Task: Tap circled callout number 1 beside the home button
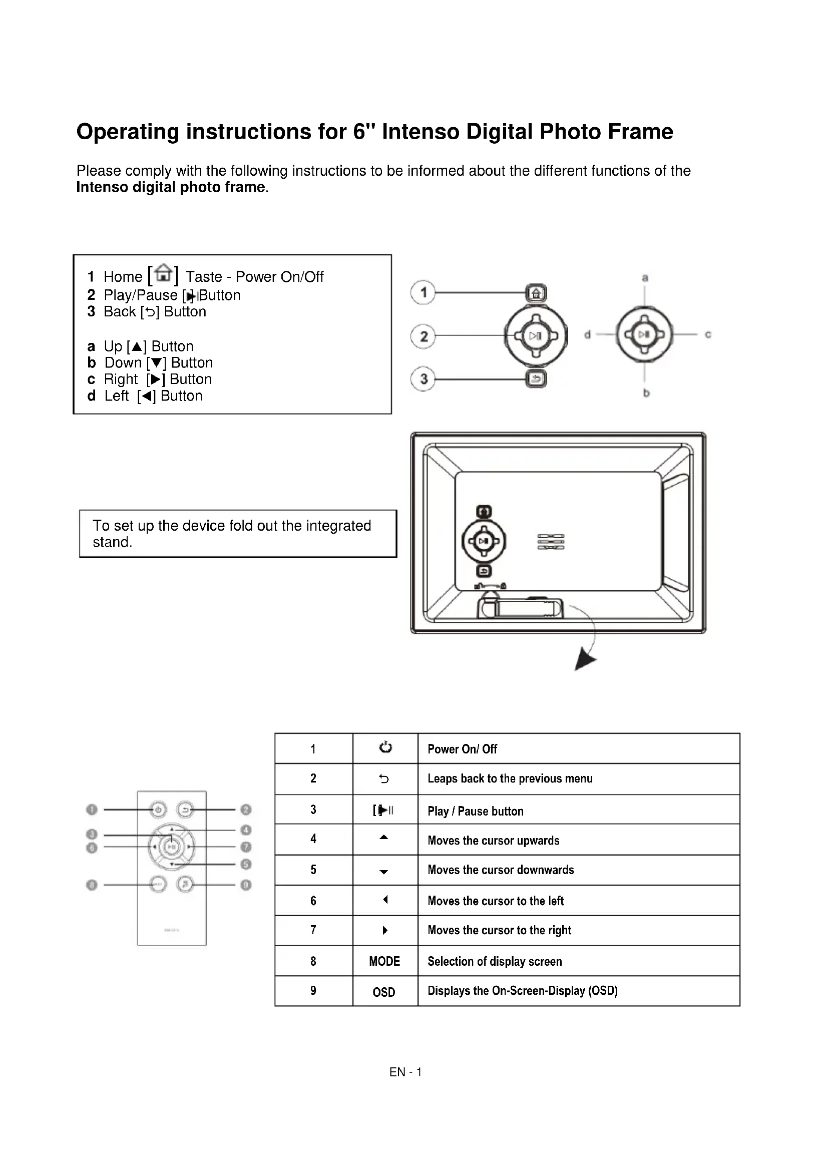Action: (x=423, y=293)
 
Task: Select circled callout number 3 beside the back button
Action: (x=423, y=379)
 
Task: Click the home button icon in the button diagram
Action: (x=536, y=293)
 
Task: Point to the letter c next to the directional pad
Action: (x=708, y=334)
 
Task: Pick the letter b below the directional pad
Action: (x=646, y=393)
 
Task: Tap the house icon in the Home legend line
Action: (x=163, y=274)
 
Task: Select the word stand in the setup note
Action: (x=112, y=542)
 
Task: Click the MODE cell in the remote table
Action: (x=384, y=961)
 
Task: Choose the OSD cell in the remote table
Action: (x=384, y=992)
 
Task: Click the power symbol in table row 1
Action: (x=385, y=747)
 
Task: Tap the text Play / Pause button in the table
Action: (x=475, y=811)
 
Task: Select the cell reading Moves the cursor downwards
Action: (x=501, y=870)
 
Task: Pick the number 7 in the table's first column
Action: (x=313, y=930)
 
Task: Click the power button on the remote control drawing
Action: (x=158, y=810)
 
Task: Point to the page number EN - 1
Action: (x=405, y=1072)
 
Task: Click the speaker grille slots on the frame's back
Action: (x=551, y=542)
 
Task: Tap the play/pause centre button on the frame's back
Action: (x=484, y=541)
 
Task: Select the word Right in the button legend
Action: (x=121, y=379)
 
